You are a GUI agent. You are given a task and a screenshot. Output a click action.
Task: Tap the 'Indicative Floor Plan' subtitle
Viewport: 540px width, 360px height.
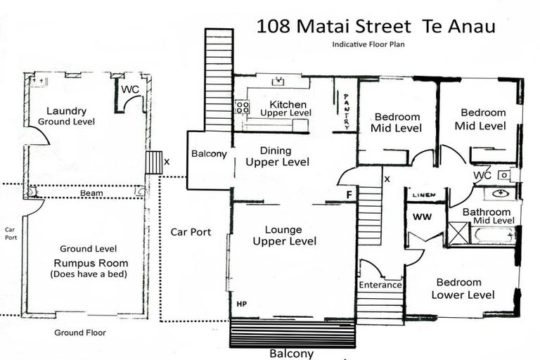370,44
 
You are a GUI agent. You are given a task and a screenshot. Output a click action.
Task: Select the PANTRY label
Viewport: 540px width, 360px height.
347,112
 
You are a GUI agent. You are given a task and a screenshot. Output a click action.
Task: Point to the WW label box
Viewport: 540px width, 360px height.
422,217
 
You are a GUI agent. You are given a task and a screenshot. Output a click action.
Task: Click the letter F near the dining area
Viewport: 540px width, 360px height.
349,194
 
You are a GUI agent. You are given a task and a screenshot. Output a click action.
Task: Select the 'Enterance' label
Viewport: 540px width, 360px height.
380,285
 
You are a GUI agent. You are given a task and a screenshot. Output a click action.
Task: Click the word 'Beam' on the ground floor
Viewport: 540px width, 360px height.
91,193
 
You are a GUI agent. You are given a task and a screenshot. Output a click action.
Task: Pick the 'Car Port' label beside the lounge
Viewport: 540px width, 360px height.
191,231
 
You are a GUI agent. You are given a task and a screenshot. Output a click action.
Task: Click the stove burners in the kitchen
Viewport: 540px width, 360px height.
243,107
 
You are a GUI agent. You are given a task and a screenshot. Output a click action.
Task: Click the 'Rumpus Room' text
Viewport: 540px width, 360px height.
88,263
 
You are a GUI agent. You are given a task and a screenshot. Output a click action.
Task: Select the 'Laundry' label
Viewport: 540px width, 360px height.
66,111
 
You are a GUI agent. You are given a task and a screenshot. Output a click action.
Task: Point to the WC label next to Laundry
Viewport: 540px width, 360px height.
130,90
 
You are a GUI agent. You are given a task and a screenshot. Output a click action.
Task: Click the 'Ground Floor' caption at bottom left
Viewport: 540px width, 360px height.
80,333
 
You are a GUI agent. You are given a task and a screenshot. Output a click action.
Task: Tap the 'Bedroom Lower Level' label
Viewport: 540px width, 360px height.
463,288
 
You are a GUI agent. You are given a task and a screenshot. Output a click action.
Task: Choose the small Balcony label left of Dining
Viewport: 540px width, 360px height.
209,154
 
